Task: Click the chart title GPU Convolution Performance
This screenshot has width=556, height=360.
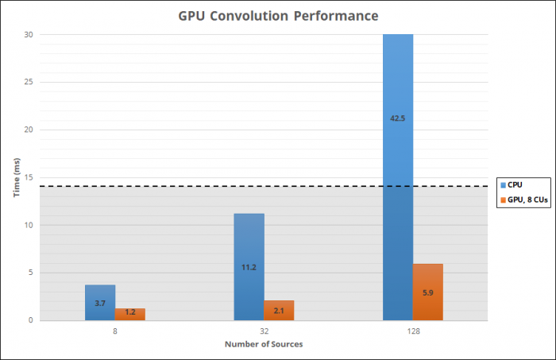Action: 277,15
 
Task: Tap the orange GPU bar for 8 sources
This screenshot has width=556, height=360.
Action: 129,315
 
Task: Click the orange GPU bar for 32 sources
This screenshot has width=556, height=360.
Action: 279,311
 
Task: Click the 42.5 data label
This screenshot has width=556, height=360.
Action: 398,118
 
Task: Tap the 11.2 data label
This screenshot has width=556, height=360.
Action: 249,267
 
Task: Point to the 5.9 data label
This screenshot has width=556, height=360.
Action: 427,292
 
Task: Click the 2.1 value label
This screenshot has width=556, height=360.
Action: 279,311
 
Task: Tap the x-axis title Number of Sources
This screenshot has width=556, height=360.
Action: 263,344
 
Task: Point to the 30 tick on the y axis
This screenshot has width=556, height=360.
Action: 29,34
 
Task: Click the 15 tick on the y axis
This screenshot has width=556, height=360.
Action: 29,177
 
